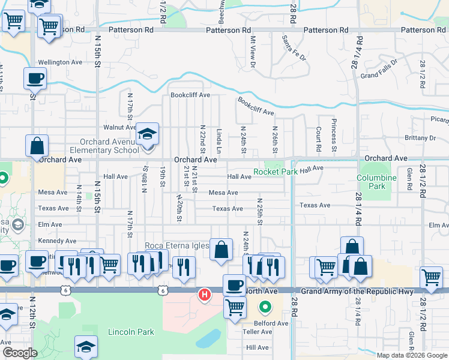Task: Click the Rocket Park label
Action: [276, 172]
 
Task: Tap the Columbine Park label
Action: [376, 182]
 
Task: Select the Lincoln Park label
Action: [131, 332]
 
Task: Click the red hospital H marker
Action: [205, 295]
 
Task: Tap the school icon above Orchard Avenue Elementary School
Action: [146, 134]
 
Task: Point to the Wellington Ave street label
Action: [60, 62]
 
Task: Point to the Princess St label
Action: [333, 139]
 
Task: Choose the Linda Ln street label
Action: [220, 139]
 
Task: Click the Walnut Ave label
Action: [119, 127]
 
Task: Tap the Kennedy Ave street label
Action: [58, 241]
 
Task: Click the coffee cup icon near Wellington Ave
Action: [35, 78]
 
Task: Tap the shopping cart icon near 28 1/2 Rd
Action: [431, 277]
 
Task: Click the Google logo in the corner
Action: [20, 353]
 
